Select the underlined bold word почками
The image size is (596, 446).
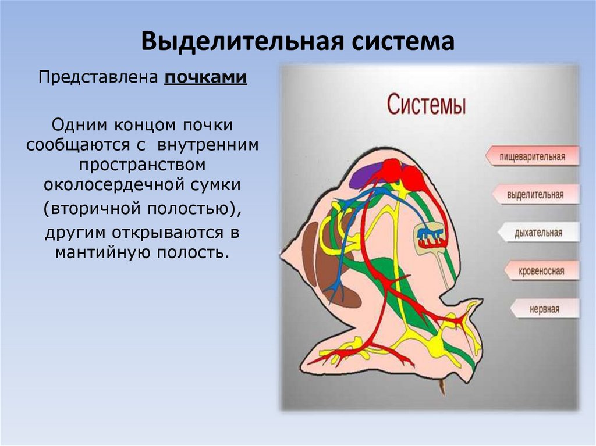[x=205, y=77]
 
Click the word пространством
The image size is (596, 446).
[x=143, y=165]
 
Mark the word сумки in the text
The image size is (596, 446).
[x=220, y=185]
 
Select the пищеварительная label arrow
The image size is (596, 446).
[x=533, y=156]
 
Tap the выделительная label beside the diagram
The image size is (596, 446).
[x=534, y=194]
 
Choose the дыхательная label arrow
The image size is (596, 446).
[x=537, y=233]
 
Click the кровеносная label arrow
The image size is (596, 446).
[x=541, y=270]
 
